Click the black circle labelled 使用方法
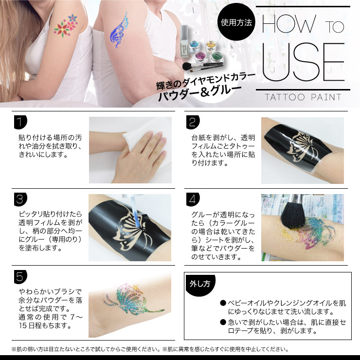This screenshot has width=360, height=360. point(236,22)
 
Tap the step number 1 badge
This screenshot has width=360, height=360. point(20,122)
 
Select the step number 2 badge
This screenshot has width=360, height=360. point(193,122)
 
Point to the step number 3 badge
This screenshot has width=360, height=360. point(20,199)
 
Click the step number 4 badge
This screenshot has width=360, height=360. point(193,199)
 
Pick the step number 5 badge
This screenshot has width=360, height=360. point(20,277)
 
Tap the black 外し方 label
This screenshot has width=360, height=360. point(200,285)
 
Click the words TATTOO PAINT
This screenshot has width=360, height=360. point(303,97)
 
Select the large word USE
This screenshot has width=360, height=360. point(303,62)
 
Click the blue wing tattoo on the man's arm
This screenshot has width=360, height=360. point(119,30)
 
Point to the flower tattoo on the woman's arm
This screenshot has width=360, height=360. point(66,26)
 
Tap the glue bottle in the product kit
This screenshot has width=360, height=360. point(184,41)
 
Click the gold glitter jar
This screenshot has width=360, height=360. point(211,46)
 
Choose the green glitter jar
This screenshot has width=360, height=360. point(217,56)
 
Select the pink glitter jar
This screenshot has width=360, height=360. point(201,56)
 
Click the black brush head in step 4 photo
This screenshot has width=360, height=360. point(293,216)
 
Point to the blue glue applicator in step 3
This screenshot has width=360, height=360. point(135,211)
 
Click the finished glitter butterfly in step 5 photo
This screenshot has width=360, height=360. point(134,299)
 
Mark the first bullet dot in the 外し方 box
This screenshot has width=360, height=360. point(223,303)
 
